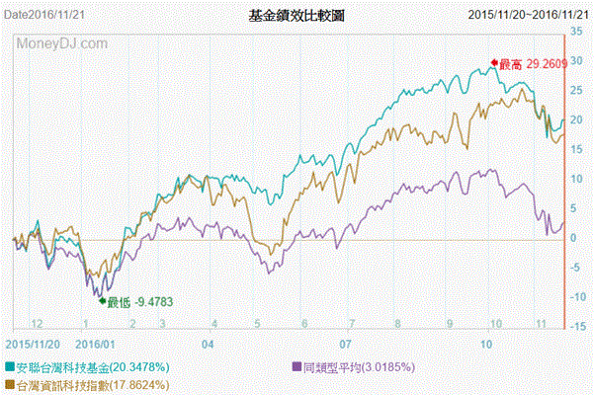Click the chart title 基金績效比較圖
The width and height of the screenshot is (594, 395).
tap(297, 17)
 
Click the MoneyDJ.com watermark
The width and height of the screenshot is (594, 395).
tap(61, 44)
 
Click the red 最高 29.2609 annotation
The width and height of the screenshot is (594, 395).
tap(532, 64)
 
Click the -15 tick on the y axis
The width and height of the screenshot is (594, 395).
tap(576, 326)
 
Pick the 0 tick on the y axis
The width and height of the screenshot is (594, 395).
tap(573, 238)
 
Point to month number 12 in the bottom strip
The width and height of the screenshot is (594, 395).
tap(38, 323)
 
